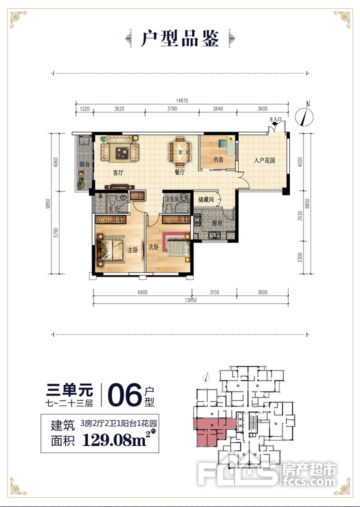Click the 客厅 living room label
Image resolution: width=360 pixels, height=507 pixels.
(x=118, y=172)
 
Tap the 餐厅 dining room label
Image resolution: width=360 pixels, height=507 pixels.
(x=179, y=172)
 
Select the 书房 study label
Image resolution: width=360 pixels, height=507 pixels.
(x=217, y=159)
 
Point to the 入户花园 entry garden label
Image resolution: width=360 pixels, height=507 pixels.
(x=264, y=160)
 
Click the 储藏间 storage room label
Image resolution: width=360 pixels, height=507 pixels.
(x=206, y=199)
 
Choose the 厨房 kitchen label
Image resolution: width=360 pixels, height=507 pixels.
(x=217, y=223)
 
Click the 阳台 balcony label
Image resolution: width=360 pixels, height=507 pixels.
(x=84, y=164)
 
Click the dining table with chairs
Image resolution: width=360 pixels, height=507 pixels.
(x=179, y=150)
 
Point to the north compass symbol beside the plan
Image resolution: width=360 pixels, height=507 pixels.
(x=304, y=115)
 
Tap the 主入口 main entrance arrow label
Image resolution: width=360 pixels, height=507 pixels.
(x=275, y=120)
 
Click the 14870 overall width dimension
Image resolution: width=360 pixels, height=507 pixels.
(x=182, y=100)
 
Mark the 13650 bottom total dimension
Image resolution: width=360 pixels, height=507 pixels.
(x=191, y=300)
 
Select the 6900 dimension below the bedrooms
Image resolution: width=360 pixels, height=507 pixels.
(x=142, y=292)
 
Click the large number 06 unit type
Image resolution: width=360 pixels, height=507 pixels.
(x=124, y=395)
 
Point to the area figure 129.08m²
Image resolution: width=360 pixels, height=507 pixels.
(x=117, y=439)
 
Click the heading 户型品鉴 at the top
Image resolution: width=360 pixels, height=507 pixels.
(x=180, y=39)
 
